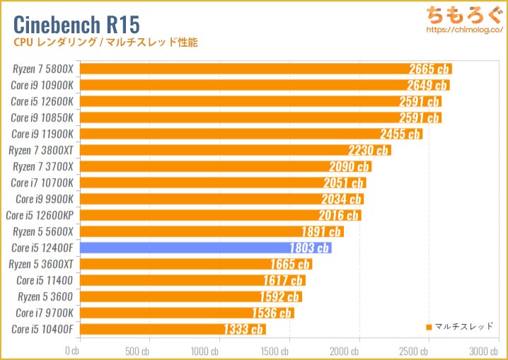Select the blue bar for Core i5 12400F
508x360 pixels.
(x=205, y=248)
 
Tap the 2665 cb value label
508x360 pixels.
(x=429, y=69)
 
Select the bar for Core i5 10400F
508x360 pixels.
(x=173, y=329)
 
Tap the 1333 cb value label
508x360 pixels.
(x=243, y=329)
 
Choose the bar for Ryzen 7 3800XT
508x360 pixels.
(x=235, y=150)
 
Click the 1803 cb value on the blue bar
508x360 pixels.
(x=309, y=248)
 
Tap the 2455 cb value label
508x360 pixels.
(x=400, y=134)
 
